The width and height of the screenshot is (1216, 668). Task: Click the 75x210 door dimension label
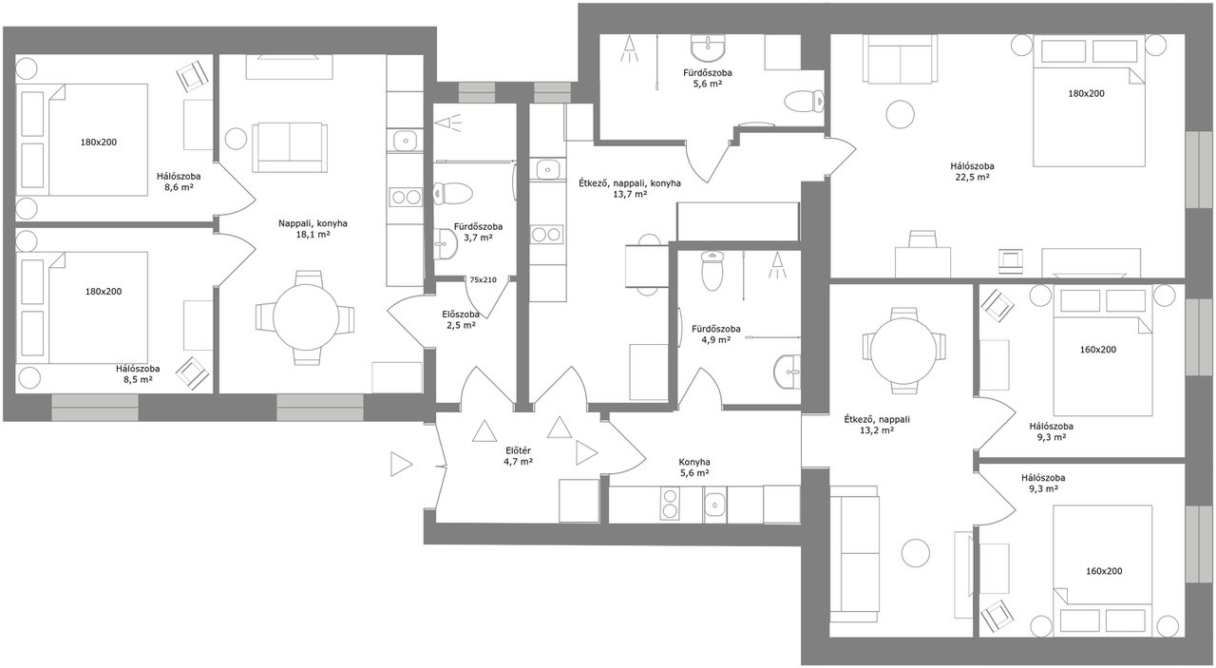click(483, 280)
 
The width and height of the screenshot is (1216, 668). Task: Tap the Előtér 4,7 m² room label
click(518, 456)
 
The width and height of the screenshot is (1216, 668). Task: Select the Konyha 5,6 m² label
click(694, 468)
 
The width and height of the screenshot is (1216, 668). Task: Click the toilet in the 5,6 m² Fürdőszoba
click(805, 101)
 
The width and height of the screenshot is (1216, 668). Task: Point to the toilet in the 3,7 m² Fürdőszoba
click(453, 193)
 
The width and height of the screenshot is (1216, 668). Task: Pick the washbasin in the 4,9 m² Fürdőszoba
click(788, 372)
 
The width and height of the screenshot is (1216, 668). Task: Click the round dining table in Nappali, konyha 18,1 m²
click(306, 317)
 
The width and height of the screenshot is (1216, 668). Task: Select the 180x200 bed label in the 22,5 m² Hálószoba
click(1086, 93)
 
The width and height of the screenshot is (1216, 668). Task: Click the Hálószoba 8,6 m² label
click(179, 181)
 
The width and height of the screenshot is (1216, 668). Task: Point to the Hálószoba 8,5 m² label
click(138, 374)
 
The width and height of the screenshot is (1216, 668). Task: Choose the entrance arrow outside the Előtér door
click(402, 465)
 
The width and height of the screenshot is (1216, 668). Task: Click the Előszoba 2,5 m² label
click(461, 320)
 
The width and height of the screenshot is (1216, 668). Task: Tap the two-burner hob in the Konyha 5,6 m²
click(670, 503)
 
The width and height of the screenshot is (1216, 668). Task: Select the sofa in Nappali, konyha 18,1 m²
click(290, 146)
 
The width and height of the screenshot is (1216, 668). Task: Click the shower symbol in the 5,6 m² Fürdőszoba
click(630, 48)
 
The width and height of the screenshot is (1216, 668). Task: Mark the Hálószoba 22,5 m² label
click(972, 172)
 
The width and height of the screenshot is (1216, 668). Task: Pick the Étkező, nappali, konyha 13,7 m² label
click(630, 188)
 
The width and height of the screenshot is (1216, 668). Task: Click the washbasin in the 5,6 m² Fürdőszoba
click(708, 48)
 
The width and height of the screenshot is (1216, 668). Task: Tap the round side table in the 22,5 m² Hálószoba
click(900, 115)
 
